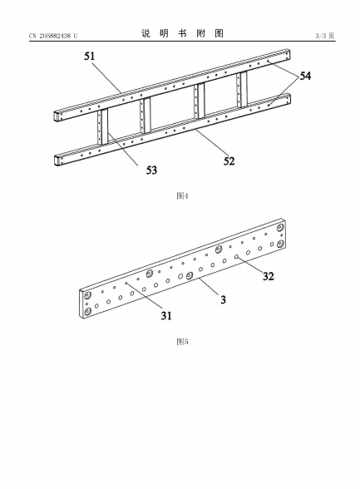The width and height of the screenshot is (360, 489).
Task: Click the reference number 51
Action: coord(89,57)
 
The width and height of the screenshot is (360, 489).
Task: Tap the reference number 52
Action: coord(229,161)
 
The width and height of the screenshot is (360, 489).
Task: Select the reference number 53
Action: coord(152,170)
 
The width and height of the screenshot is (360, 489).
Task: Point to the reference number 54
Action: coord(305,76)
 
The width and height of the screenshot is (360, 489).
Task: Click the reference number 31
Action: coord(166,316)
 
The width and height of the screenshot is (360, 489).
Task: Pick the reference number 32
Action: coord(269,276)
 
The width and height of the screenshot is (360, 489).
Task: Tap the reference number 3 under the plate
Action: coord(223,299)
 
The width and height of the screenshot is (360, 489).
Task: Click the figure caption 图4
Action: coord(182,196)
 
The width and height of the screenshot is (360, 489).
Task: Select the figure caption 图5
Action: coord(182,342)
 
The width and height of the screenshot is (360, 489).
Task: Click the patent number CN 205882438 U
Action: coord(53,36)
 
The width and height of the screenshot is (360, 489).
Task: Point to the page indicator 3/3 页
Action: coord(325,36)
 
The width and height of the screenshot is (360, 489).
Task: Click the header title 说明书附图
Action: coord(182,33)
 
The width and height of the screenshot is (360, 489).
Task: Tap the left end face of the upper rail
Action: coord(58,116)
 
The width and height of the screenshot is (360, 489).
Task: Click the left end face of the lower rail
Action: coord(58,161)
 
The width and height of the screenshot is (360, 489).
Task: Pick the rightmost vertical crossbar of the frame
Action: coord(242,89)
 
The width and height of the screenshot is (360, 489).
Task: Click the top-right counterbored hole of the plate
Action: coord(280,227)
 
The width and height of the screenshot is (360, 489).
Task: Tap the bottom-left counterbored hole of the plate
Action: coord(87,311)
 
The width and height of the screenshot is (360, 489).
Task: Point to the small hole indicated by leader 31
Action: coord(126,283)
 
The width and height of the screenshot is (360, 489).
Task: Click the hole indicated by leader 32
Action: coord(237,257)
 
